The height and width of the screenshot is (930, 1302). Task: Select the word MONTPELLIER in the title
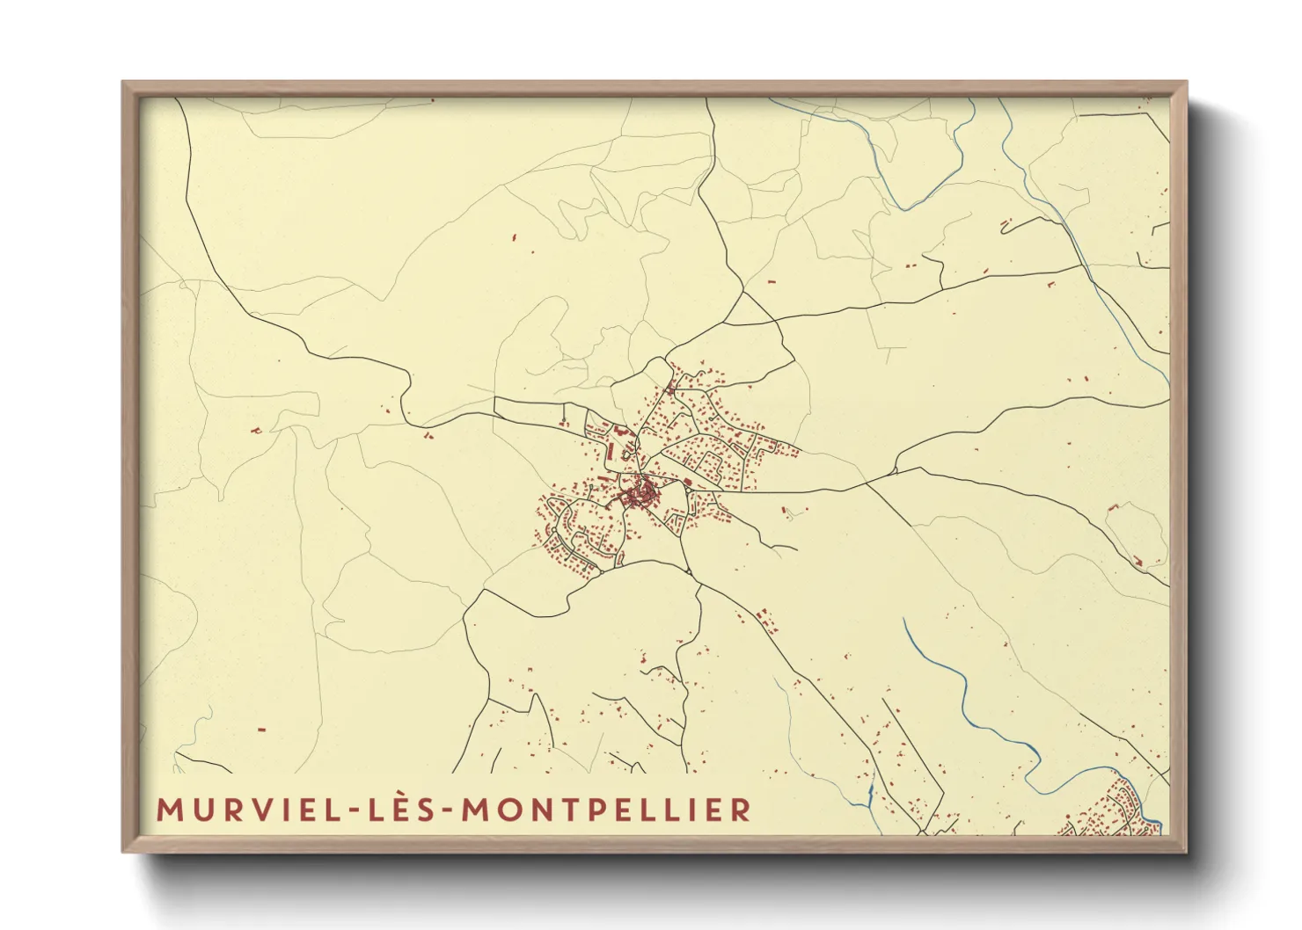(x=607, y=810)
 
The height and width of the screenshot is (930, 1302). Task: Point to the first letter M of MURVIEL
(x=167, y=810)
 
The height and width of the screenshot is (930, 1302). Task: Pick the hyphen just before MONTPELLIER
(x=450, y=810)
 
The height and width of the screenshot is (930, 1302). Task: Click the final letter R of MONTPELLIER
(x=742, y=810)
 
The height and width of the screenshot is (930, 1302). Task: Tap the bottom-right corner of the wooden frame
(x=1186, y=851)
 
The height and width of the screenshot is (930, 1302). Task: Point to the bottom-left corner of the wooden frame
(x=123, y=851)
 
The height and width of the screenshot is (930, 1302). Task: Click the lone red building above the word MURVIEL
(x=261, y=729)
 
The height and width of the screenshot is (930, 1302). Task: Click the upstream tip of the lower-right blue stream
(x=904, y=619)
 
